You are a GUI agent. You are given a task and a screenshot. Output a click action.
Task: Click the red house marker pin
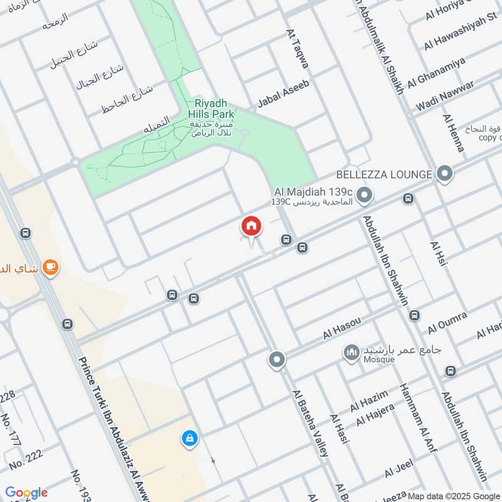[x=251, y=226]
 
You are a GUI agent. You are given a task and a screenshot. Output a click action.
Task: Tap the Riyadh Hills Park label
[x=211, y=109]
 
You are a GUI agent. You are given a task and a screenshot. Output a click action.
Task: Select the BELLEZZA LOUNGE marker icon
[x=445, y=174]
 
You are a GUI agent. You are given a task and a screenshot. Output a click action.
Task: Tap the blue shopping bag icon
[x=188, y=439]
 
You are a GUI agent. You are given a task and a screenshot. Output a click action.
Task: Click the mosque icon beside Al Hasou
[x=350, y=353]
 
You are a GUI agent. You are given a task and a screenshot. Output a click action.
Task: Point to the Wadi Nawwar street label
[x=444, y=96]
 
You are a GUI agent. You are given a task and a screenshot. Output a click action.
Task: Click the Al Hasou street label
[x=342, y=328]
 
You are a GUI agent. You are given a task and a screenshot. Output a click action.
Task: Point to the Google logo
[x=26, y=493]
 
